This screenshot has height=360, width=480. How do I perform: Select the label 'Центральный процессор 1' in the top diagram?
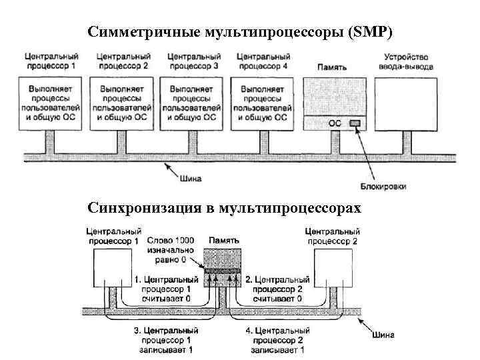51,61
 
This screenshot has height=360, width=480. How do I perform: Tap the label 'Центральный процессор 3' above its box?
194,61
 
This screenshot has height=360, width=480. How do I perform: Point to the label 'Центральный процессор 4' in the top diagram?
262,61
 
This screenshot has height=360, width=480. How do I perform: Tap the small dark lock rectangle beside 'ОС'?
355,123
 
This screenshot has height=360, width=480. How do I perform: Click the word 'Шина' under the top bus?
191,178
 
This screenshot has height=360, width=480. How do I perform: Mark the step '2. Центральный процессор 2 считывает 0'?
278,290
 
